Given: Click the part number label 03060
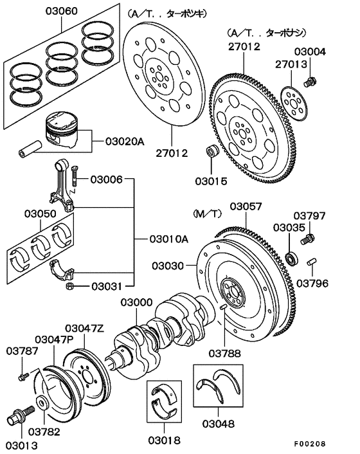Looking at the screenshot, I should click(x=59, y=11).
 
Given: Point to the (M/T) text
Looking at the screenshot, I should click(x=205, y=212).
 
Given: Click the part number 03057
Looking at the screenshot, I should click(x=248, y=206).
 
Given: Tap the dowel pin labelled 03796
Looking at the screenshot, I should click(x=312, y=262).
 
